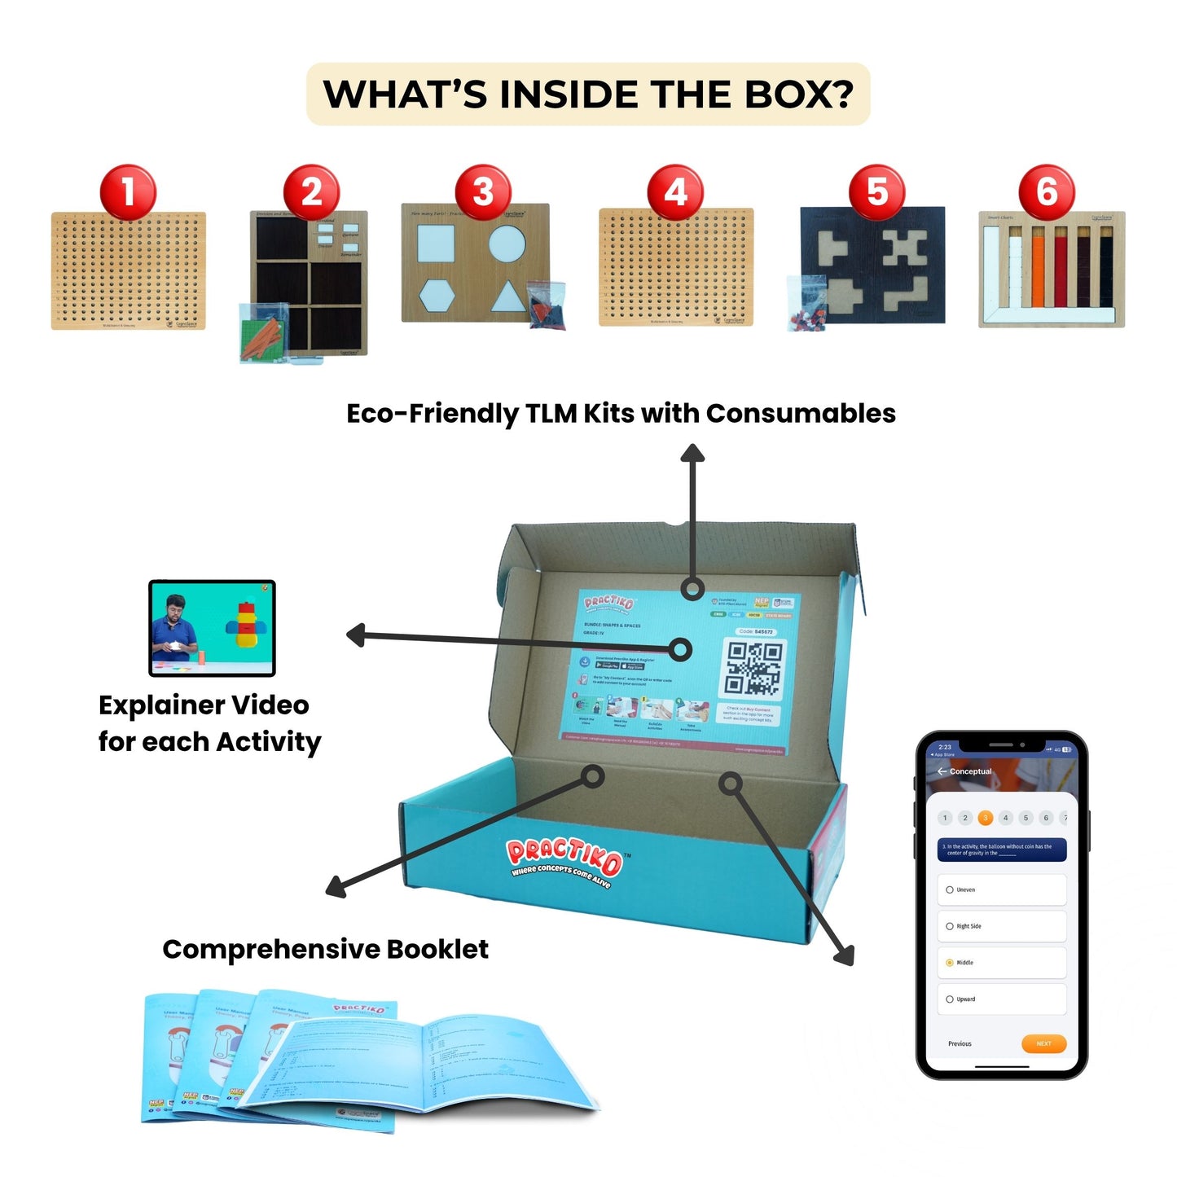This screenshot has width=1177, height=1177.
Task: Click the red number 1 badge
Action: click(x=128, y=192)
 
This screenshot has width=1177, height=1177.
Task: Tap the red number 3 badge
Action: click(x=483, y=192)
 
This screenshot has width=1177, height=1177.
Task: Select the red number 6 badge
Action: click(x=1047, y=192)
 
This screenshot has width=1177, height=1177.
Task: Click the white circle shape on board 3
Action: click(x=507, y=243)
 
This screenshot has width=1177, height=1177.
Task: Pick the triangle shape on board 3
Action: click(x=508, y=296)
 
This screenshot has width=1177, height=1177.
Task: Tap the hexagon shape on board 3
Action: click(x=437, y=296)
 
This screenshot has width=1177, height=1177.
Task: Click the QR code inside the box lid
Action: click(x=754, y=668)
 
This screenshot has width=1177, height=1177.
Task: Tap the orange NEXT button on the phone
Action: click(x=1043, y=1043)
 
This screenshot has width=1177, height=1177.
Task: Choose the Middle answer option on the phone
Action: click(x=1001, y=963)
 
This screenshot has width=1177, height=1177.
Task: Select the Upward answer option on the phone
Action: click(x=1001, y=999)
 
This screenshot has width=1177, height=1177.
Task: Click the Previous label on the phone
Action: click(x=960, y=1043)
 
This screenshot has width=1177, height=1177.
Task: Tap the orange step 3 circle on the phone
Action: click(x=985, y=818)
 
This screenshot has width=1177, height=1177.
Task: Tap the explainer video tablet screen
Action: click(x=212, y=627)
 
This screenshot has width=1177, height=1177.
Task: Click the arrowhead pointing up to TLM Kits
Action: click(x=692, y=452)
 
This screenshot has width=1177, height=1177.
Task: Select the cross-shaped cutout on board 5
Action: click(x=905, y=248)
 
